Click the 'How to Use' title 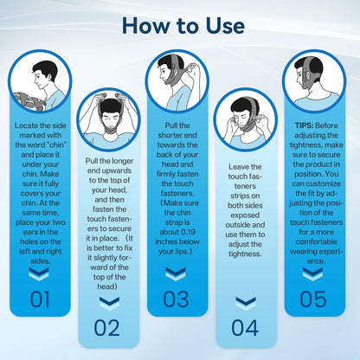[183, 26]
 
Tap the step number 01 [40, 299]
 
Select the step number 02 [107, 328]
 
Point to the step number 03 [176, 299]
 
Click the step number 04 [245, 328]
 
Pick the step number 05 [313, 299]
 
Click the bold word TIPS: [304, 125]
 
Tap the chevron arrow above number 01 [39, 273]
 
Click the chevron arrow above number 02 [109, 303]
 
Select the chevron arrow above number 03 [176, 273]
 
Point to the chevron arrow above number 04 [246, 303]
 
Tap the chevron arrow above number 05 [312, 273]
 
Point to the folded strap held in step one [29, 101]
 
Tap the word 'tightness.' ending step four [245, 254]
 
